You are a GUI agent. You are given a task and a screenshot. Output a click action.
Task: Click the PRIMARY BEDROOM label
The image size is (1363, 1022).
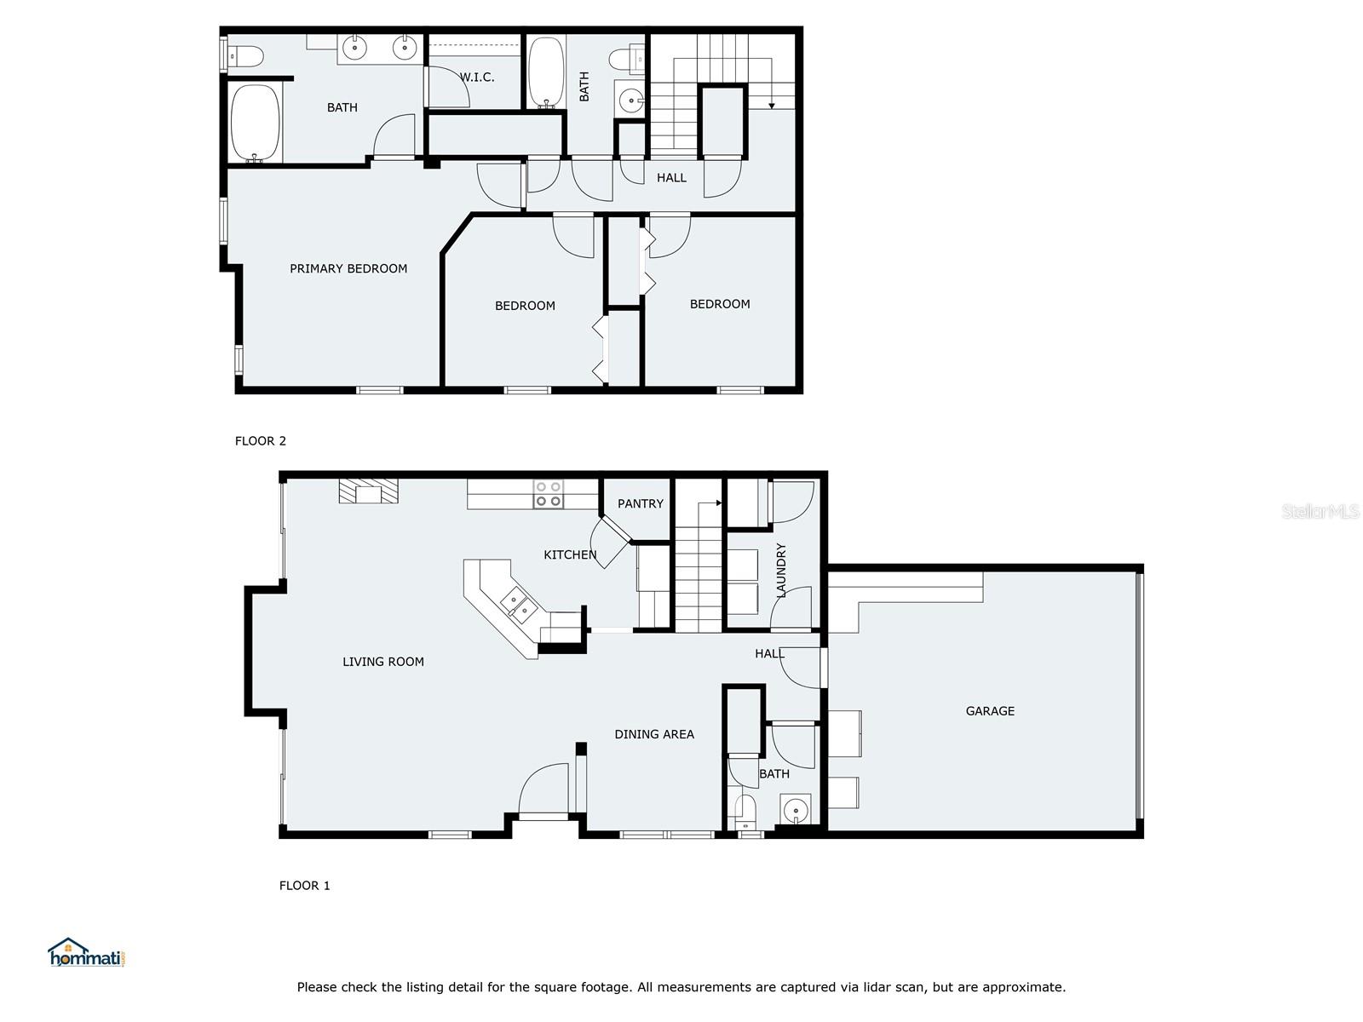348,268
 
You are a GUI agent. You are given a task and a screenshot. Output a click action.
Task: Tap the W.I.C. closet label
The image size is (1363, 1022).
477,78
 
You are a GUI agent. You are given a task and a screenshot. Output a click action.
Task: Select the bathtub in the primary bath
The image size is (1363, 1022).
256,123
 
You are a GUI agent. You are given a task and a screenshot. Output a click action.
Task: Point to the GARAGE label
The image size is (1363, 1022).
990,711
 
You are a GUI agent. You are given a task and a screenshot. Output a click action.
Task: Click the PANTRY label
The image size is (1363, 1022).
640,504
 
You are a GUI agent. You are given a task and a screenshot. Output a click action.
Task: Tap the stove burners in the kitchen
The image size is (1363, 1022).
548,495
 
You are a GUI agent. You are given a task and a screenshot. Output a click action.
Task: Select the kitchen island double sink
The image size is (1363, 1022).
518,603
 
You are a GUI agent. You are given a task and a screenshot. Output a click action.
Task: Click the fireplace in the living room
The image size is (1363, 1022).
369,491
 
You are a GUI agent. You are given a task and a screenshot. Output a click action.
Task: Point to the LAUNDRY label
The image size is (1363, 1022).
781,570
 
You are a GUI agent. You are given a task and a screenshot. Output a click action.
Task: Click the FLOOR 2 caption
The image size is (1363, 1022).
261,441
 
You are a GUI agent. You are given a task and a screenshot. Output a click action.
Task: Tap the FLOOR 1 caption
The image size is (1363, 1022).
304,886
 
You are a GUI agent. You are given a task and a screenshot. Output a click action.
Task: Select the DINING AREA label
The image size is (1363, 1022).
654,734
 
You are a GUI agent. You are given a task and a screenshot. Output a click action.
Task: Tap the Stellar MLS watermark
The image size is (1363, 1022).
1320,511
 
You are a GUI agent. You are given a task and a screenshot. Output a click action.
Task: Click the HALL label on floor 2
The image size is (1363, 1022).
671,178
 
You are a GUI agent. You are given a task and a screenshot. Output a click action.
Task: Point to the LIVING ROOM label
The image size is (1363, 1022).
383,662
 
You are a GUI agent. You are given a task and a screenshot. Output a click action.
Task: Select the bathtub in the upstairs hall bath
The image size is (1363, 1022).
546,72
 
